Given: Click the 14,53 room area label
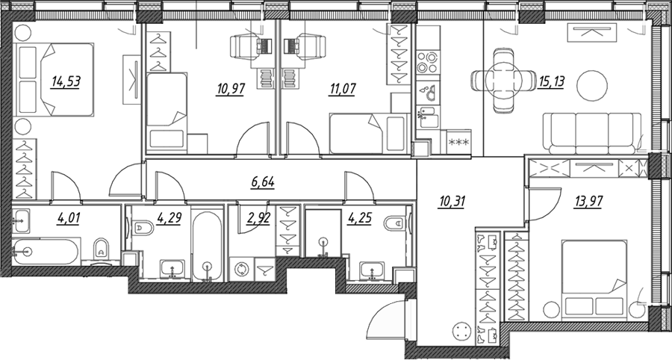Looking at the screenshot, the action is coord(66,81).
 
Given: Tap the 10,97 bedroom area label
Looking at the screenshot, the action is coord(230,90).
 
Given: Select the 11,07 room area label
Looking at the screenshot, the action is coord(342,90).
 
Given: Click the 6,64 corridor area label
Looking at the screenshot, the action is coord(263,182).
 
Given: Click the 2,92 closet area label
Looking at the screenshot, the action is coord(258,219).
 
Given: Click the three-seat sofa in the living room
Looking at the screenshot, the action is coord(592,133).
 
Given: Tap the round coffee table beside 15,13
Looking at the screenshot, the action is coord(592,86).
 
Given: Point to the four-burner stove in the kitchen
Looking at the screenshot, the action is coord(427,63).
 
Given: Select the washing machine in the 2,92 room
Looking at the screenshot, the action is coord(240,269).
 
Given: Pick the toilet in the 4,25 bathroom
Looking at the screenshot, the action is coord(395,224).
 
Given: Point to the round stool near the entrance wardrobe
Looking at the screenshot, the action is coord(461,330).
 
